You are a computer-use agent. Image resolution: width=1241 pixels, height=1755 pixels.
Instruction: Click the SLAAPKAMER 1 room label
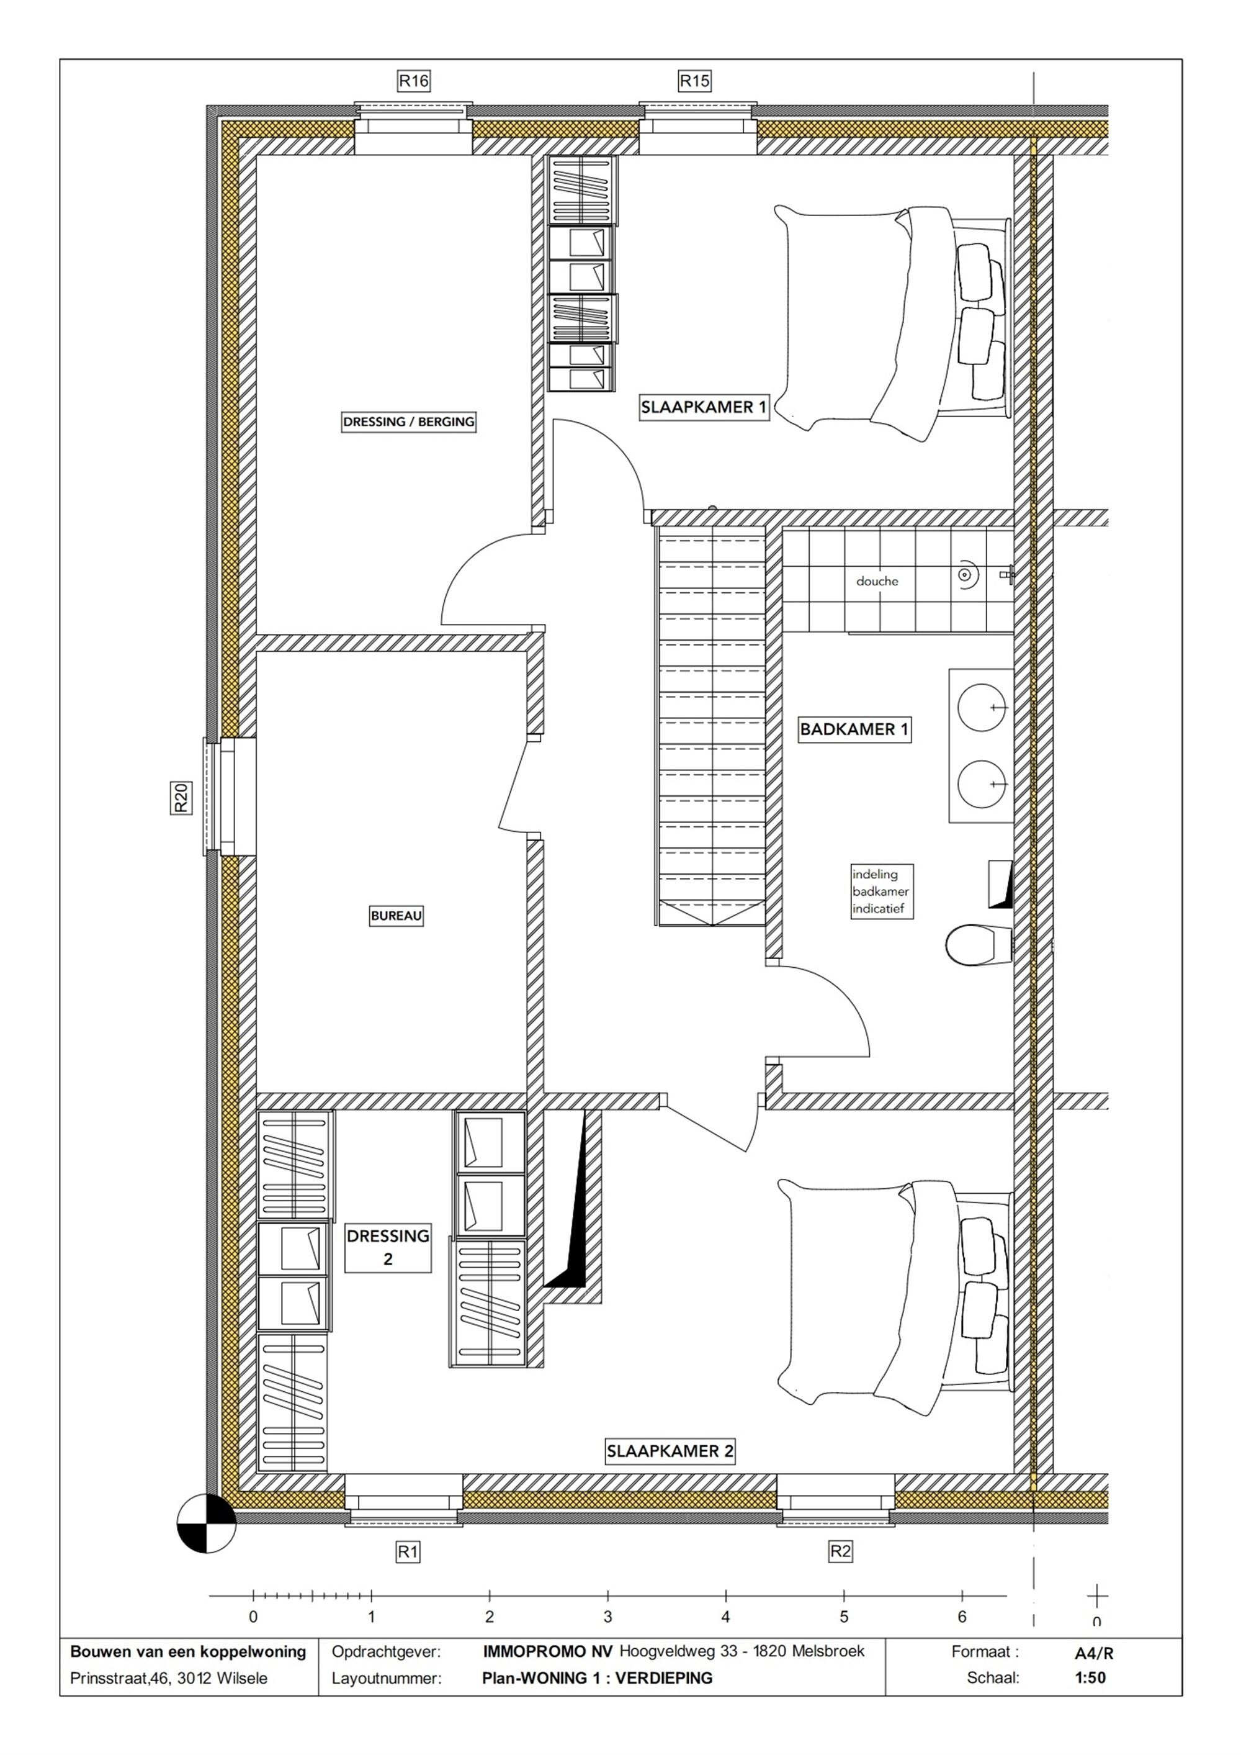point(704,407)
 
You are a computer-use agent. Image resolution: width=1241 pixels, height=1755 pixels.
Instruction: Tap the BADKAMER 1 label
point(854,729)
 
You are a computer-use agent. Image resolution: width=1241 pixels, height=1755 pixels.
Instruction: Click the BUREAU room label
point(396,915)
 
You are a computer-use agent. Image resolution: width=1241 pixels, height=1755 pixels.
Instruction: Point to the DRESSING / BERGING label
point(409,422)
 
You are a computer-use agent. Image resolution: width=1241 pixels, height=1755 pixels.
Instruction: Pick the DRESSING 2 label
point(388,1247)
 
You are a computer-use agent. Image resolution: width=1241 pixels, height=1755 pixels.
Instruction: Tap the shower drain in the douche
point(965,573)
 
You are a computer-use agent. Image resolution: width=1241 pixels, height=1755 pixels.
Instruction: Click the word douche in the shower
point(877,581)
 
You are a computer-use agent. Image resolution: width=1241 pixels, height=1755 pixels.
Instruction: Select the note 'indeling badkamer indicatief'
point(881,891)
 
